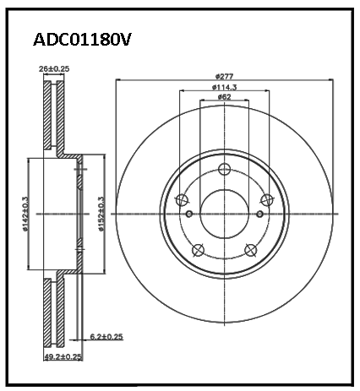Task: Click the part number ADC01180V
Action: [82, 40]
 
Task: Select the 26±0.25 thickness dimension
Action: [54, 68]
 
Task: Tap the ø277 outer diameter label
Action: [224, 76]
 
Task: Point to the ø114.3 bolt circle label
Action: [224, 87]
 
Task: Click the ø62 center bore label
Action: [224, 97]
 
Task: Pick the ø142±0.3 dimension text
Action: [25, 214]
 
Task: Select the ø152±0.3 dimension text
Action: [101, 214]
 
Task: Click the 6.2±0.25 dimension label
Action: [106, 336]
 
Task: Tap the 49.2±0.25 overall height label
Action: [63, 357]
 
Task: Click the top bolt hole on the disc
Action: [225, 169]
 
